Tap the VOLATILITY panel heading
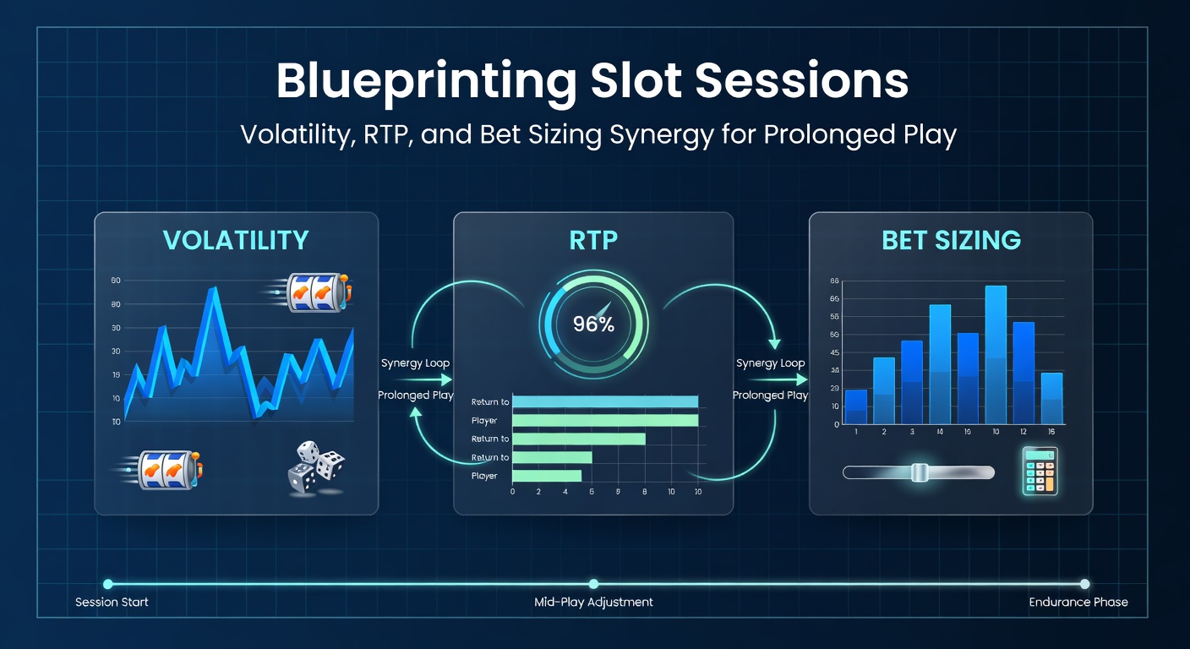coord(236,240)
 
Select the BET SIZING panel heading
coord(951,240)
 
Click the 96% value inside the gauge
coord(593,324)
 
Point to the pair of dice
coord(317,468)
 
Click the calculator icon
coord(1040,471)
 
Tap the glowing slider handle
coord(920,472)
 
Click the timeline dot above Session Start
coord(107,584)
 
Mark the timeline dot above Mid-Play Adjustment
coord(593,584)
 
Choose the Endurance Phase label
coord(1078,603)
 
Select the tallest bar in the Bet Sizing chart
coord(996,354)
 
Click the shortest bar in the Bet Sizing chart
coord(856,406)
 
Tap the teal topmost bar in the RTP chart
coord(605,401)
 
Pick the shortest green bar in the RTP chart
coord(547,476)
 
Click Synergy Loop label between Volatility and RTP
coord(415,363)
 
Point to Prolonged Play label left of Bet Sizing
coord(770,395)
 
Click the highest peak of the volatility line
coord(213,292)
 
